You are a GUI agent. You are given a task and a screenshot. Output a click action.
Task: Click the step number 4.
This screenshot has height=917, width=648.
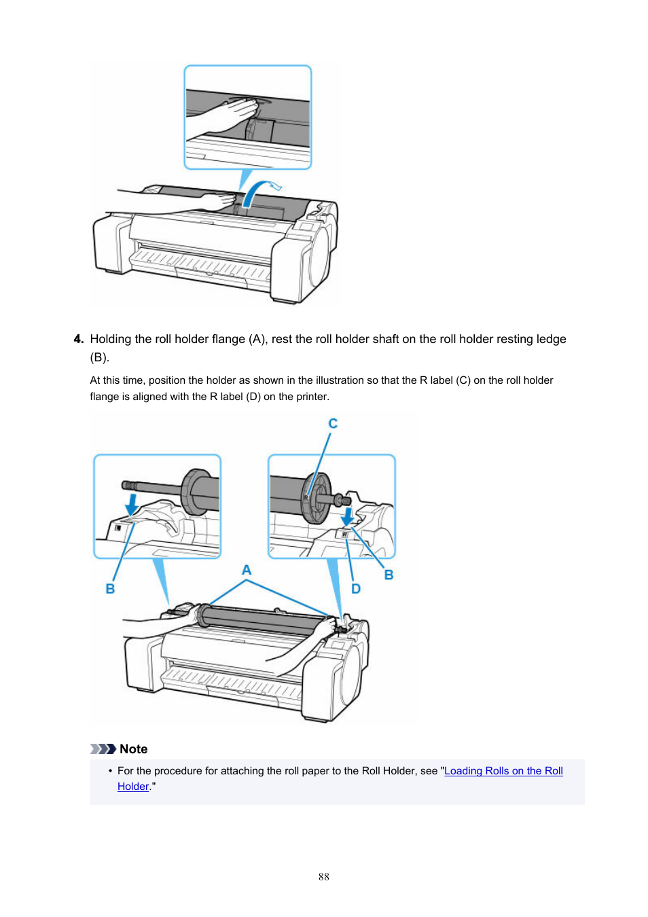tap(78, 339)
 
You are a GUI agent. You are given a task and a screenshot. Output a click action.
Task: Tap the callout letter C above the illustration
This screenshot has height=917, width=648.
tap(333, 424)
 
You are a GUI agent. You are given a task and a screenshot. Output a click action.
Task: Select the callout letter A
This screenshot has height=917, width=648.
tap(247, 570)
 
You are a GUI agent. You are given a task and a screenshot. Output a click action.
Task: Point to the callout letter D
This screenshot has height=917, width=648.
tap(355, 589)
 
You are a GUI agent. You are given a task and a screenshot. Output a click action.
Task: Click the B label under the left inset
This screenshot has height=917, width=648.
tap(110, 589)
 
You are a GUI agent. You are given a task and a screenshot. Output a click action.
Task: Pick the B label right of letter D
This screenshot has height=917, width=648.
tap(389, 575)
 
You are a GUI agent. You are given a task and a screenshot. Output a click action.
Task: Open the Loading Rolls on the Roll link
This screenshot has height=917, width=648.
tap(503, 771)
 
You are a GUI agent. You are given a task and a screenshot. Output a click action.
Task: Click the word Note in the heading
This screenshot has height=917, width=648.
tap(134, 749)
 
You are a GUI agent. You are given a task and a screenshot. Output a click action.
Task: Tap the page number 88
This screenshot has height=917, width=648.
tap(324, 877)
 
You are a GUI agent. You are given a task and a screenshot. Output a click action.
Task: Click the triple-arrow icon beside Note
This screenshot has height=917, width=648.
tap(103, 749)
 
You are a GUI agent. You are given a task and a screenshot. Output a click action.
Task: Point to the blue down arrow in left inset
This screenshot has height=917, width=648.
tap(132, 504)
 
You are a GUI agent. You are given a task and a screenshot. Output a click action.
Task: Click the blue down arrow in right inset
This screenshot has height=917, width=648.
tap(348, 516)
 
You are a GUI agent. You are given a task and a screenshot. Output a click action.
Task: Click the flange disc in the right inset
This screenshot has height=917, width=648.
tap(316, 499)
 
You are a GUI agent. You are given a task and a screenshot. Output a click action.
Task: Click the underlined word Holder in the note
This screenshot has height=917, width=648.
tap(133, 787)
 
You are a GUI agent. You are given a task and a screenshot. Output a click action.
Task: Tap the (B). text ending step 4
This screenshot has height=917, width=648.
tap(100, 357)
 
